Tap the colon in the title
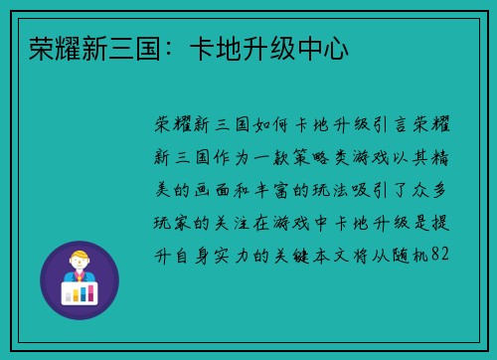point(166,47)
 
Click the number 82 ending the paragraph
point(443,255)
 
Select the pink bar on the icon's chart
point(70,296)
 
